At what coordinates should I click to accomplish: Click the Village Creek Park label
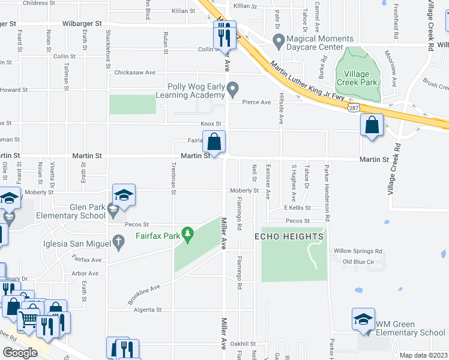357,77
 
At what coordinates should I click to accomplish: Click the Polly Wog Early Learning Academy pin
234,89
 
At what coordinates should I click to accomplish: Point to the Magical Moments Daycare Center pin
278,41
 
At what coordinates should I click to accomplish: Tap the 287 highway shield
354,106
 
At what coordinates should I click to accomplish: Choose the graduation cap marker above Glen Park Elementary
124,196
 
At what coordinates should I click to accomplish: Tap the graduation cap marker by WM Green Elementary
363,320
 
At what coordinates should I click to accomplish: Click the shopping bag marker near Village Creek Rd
372,125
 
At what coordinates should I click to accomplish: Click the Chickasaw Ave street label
135,73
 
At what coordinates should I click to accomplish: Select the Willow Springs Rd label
358,251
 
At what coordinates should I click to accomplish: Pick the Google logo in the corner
20,352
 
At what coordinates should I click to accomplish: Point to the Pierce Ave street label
256,103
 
